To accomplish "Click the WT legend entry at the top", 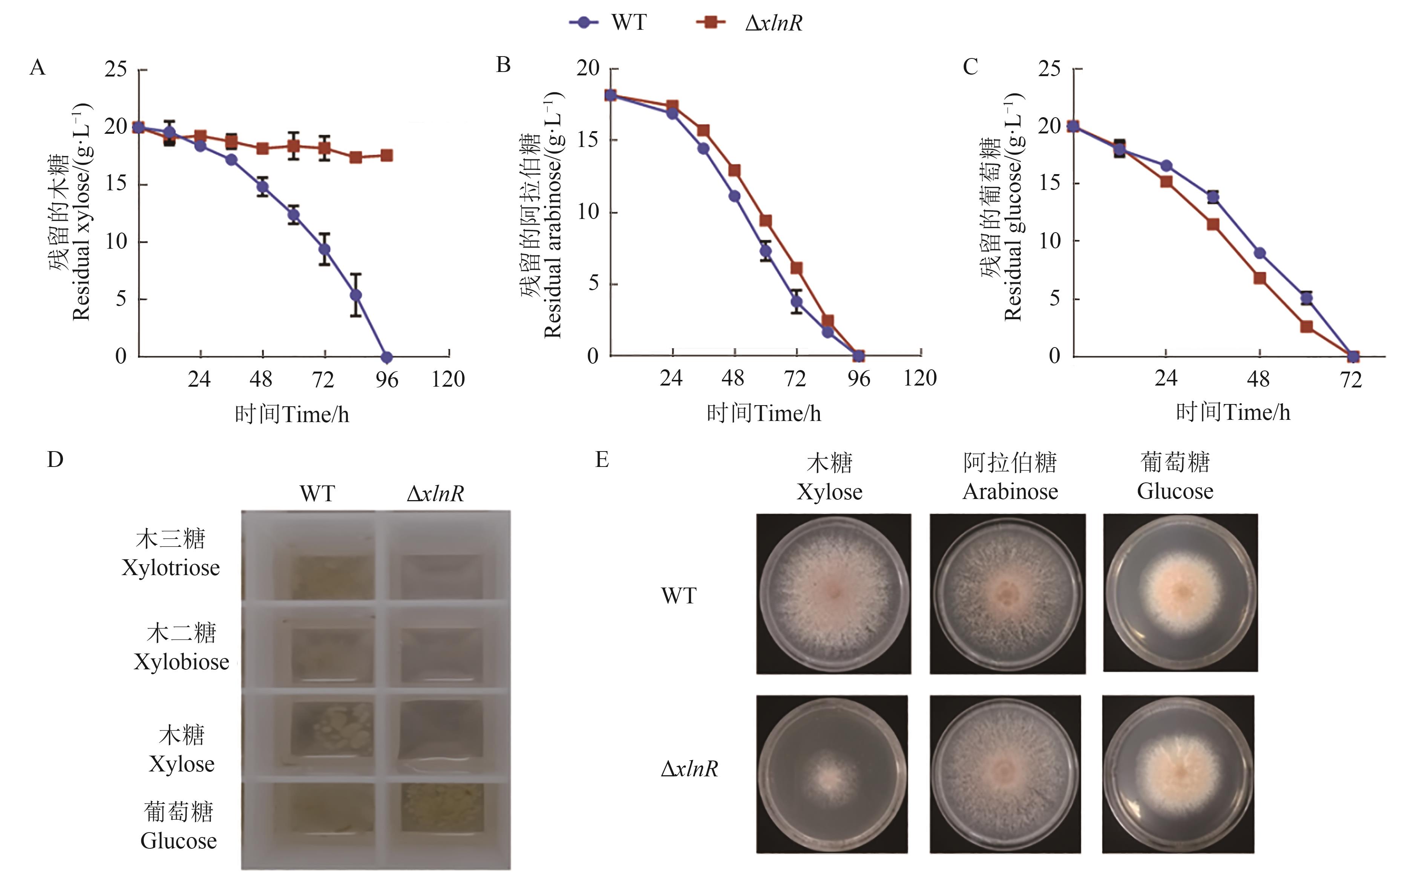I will [608, 23].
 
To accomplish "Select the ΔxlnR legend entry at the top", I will [751, 23].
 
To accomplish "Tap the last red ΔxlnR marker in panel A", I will [386, 155].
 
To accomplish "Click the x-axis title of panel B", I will [763, 413].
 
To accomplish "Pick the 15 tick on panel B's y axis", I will [588, 140].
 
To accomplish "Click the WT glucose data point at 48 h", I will [1259, 253].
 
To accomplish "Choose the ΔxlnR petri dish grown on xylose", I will [831, 774].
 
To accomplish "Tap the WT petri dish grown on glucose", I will [1180, 592].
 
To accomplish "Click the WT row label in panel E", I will [679, 595].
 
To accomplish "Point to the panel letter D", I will [55, 460].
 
